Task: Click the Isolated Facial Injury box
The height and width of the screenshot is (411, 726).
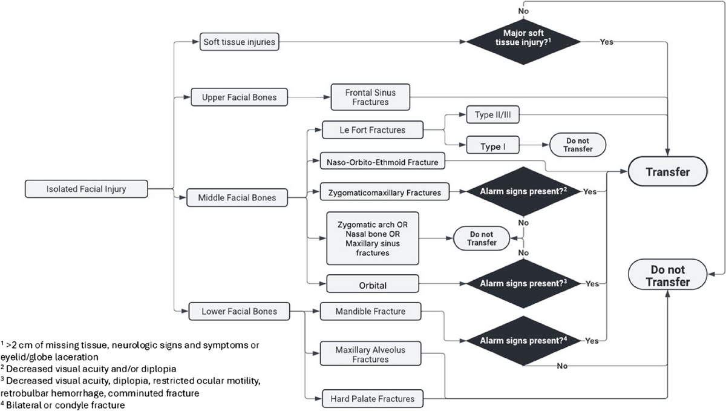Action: click(86, 189)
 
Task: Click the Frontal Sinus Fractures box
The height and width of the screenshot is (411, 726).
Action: click(370, 97)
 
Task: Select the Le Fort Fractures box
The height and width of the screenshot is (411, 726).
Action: click(372, 130)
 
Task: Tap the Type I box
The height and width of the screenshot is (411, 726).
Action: click(491, 146)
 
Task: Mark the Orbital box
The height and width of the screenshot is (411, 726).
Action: click(373, 283)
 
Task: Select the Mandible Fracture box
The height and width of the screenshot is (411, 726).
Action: click(370, 312)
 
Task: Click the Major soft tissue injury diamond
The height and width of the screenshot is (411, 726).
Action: click(524, 42)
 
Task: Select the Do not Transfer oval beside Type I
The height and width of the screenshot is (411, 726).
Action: click(577, 145)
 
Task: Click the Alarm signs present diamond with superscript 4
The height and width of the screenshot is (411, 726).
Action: click(524, 340)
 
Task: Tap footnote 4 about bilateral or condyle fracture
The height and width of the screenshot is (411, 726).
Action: click(63, 405)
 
